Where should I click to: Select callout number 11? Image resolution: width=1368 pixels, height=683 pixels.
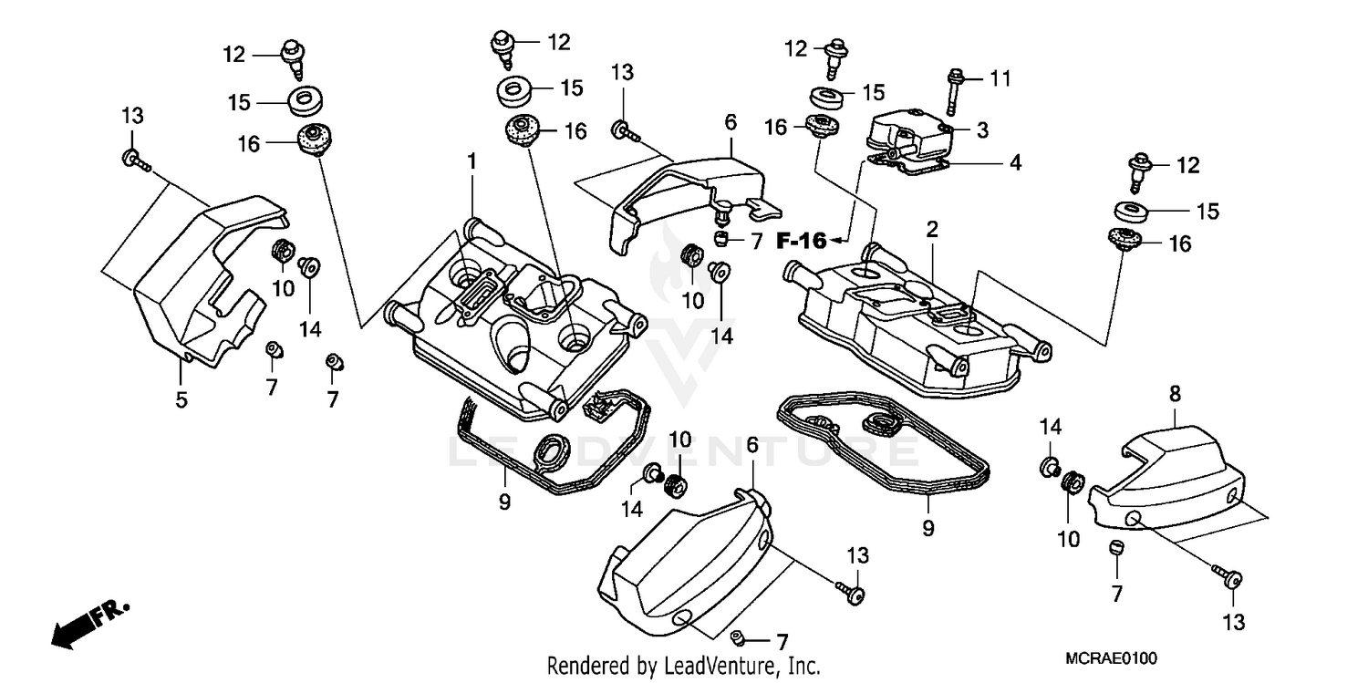tap(1000, 80)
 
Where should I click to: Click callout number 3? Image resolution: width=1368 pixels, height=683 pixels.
tap(982, 130)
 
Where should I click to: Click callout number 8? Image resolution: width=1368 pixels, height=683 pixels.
tap(1175, 395)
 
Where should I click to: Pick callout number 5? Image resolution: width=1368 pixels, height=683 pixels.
tap(181, 398)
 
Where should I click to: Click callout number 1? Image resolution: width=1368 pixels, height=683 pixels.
tap(472, 161)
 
